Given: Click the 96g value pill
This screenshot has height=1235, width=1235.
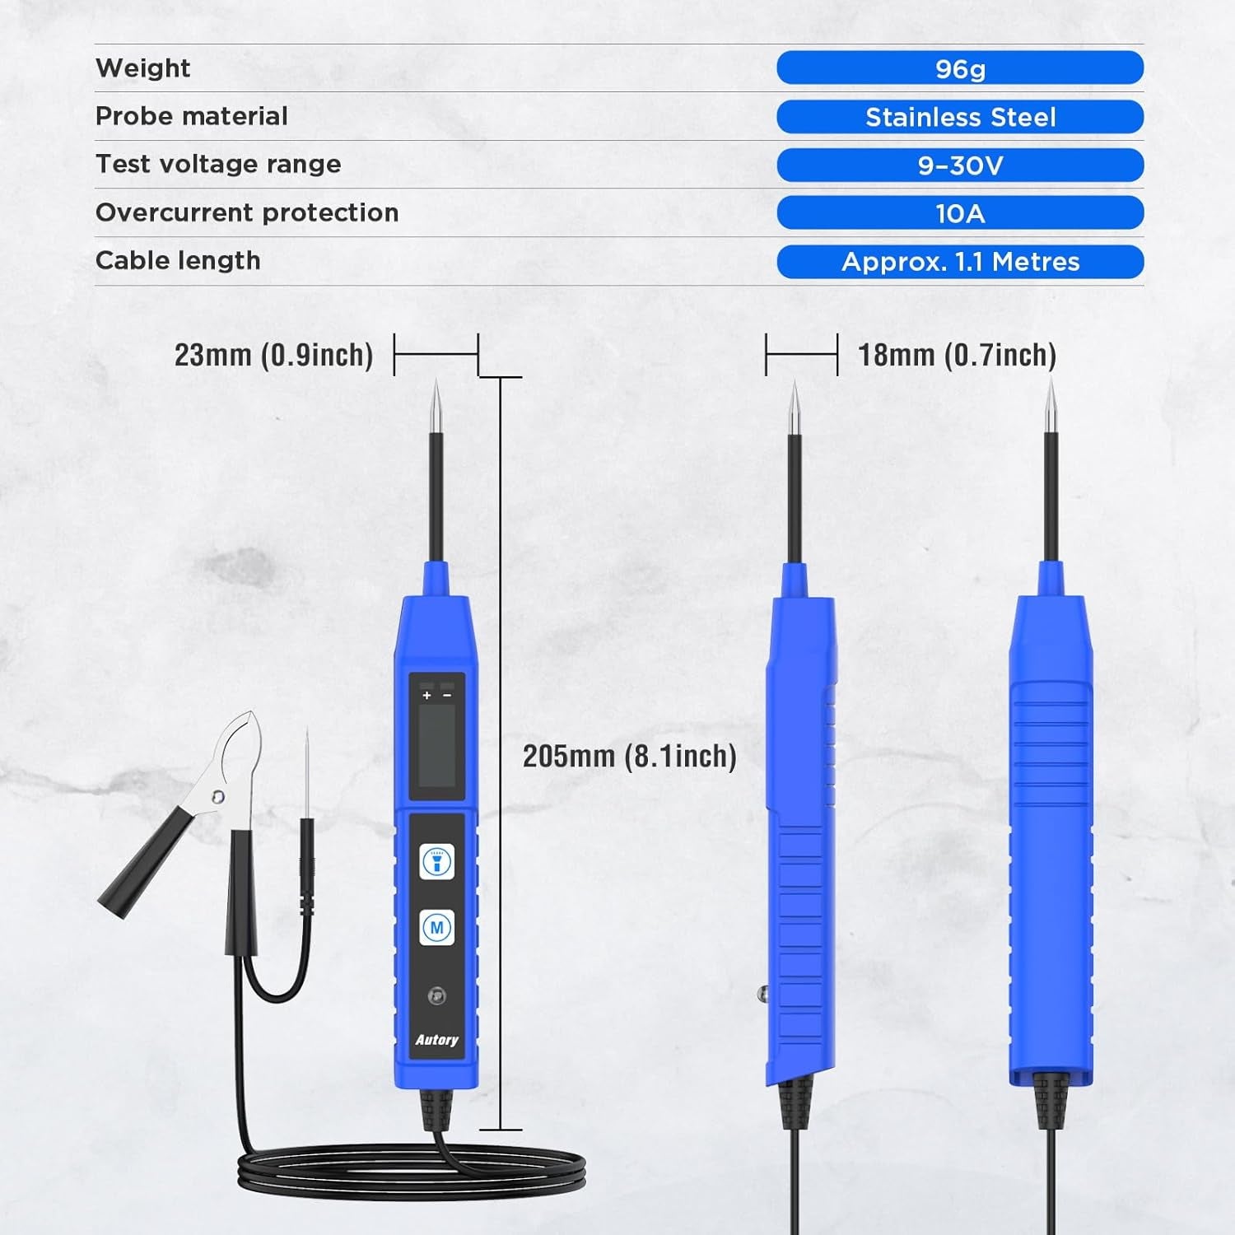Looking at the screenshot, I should [x=960, y=68].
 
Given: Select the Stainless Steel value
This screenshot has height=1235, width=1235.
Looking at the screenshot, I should [x=960, y=117].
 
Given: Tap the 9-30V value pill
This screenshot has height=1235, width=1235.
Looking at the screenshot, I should [x=960, y=165].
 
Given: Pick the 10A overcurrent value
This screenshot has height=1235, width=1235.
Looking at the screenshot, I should [x=960, y=213].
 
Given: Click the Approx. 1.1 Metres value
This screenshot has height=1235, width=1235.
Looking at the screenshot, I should [x=960, y=262].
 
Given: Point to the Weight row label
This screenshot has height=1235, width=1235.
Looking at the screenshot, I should [x=142, y=68].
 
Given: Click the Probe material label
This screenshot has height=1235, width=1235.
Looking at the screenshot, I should [x=191, y=116].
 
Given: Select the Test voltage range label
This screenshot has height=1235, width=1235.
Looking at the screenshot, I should [x=218, y=164].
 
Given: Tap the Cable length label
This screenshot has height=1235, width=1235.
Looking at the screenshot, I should [x=178, y=260].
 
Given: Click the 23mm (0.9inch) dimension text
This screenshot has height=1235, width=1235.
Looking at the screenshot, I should [x=273, y=355].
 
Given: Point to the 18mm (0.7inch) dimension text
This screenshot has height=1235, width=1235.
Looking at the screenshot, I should [x=957, y=355].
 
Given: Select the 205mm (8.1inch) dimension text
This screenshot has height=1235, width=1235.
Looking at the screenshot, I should [x=629, y=756].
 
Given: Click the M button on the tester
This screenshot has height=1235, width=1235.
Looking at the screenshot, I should [x=436, y=928].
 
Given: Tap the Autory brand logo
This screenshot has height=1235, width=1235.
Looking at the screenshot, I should [x=436, y=1040].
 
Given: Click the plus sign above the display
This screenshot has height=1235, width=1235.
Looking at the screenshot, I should [x=426, y=696].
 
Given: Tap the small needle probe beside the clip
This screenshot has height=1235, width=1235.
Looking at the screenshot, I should [x=307, y=782].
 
